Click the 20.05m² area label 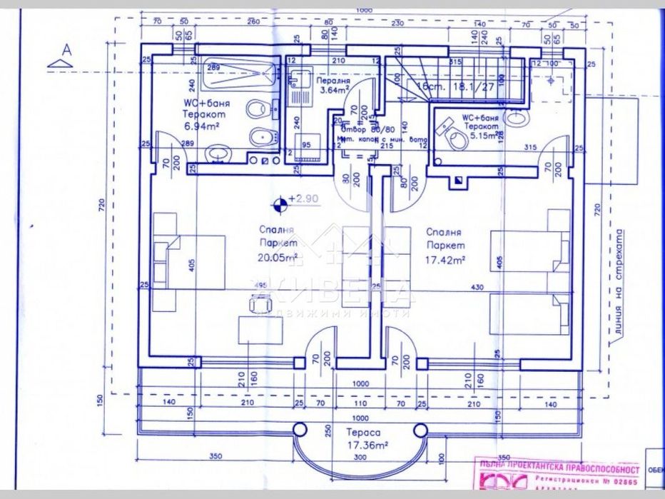pyautogui.click(x=272, y=258)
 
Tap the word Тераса pyautogui.click(x=362, y=433)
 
